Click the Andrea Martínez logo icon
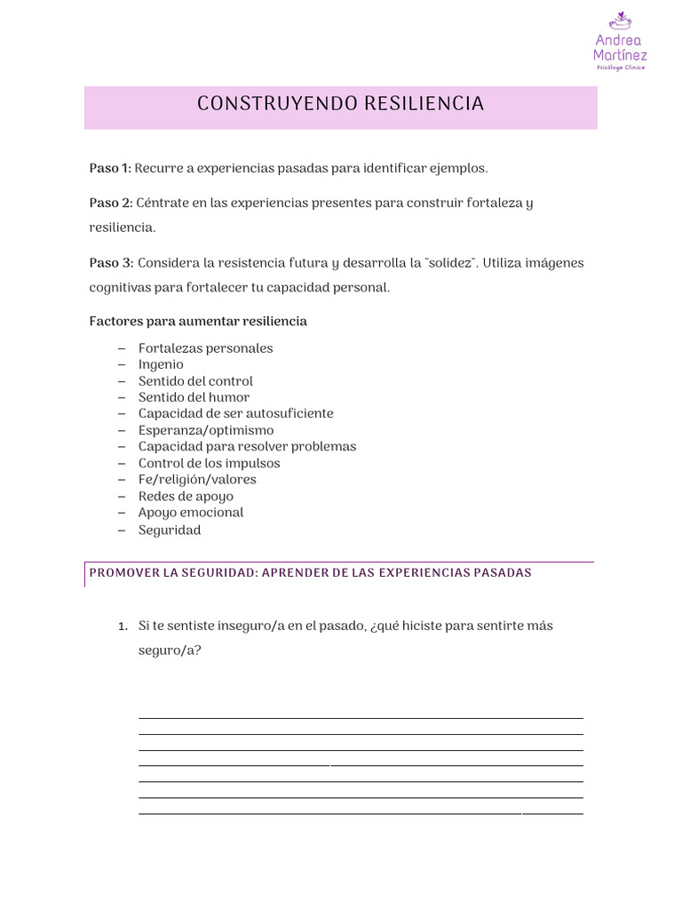tap(620, 19)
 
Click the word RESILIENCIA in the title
tap(424, 104)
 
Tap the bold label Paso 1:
tap(110, 168)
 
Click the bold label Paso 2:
tap(111, 203)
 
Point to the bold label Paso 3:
tap(111, 263)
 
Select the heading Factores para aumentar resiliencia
tap(198, 321)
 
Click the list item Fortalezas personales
tap(205, 348)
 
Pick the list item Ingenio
tap(161, 364)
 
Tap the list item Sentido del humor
tap(194, 397)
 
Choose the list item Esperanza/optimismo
tap(206, 430)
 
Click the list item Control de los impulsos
tap(209, 463)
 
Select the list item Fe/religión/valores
tap(197, 480)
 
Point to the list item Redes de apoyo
tap(186, 496)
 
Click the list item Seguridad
tap(170, 531)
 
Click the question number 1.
tap(123, 627)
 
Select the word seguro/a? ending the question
tap(169, 651)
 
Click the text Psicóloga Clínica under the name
tap(620, 68)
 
